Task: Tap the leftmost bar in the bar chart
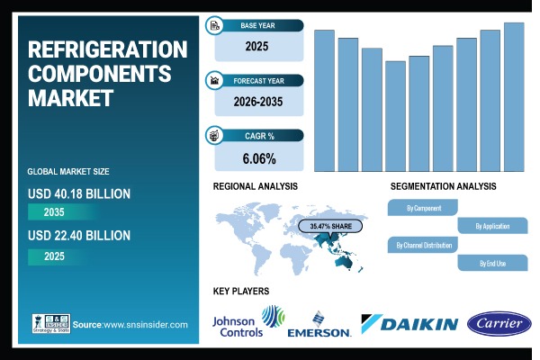[324, 101]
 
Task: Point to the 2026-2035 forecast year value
[258, 103]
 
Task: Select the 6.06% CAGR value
[258, 158]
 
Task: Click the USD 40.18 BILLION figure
[79, 193]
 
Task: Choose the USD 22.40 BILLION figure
[79, 236]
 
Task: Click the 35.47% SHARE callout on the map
[333, 225]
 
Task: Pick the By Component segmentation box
[423, 208]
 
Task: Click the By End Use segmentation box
[492, 263]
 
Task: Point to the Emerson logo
[319, 326]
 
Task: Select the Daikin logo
[409, 324]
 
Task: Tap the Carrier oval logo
[499, 323]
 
